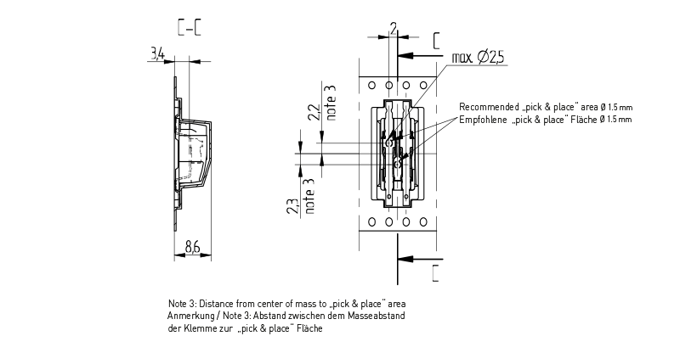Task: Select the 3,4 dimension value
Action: click(x=157, y=54)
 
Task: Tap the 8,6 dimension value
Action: click(x=192, y=248)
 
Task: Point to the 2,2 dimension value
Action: click(x=314, y=114)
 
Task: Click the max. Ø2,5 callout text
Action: click(x=478, y=57)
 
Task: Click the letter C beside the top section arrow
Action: click(x=437, y=41)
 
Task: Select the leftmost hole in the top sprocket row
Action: click(x=372, y=85)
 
